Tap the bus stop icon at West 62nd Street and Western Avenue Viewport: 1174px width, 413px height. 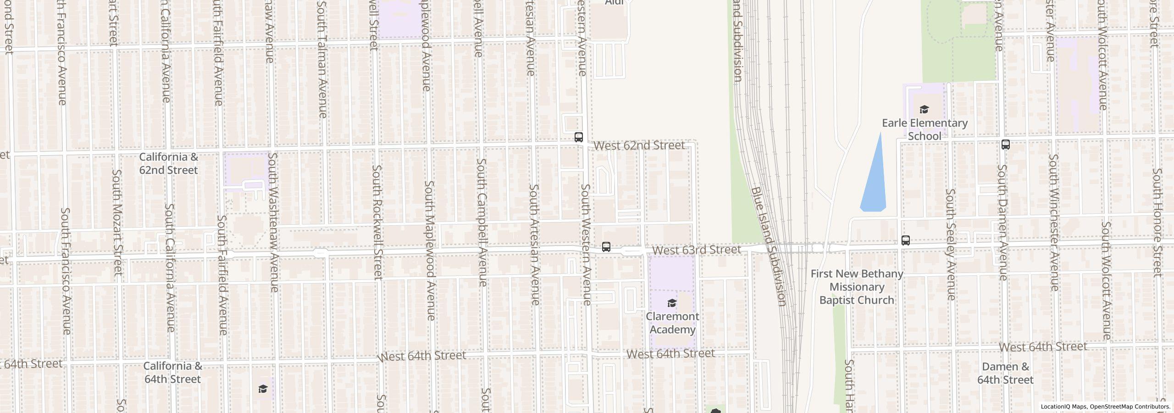579,137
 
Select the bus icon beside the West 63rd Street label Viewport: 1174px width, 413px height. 606,247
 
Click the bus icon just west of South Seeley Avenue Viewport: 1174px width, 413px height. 906,240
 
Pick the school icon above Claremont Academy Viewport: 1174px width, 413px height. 672,303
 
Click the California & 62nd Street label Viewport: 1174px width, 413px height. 169,163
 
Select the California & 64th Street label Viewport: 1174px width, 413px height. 172,373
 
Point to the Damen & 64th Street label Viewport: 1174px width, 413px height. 1005,374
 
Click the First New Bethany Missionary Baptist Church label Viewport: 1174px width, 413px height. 857,287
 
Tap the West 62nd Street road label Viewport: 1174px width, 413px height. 639,145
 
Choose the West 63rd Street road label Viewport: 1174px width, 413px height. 697,250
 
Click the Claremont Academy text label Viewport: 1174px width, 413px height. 672,323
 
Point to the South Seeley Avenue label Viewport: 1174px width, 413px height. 950,245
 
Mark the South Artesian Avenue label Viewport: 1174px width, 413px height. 534,245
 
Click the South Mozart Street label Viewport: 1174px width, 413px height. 117,222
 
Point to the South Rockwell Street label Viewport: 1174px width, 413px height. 377,222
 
